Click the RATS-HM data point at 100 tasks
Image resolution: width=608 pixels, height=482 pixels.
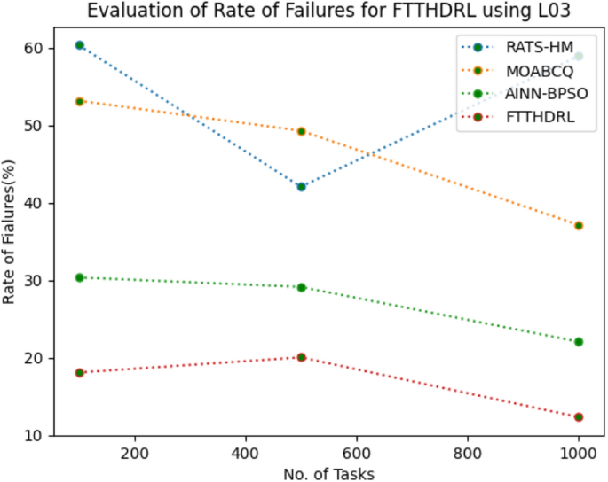[x=80, y=44]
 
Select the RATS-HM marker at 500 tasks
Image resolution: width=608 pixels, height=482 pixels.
[x=302, y=186]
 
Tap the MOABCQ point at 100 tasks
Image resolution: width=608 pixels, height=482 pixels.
[x=80, y=101]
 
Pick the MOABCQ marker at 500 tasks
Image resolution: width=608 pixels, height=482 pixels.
[x=302, y=131]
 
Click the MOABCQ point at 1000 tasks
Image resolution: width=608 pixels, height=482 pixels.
[x=579, y=225]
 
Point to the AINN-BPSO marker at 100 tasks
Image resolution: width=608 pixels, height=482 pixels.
[x=80, y=277]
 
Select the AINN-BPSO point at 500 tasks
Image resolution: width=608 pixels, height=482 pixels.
[x=302, y=287]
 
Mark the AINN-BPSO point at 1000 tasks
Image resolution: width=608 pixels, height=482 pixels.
[x=579, y=341]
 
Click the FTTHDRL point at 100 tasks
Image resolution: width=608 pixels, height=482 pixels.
[x=80, y=372]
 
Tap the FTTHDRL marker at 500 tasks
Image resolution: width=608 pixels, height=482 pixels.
[x=302, y=357]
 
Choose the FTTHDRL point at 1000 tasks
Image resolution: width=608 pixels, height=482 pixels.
[x=579, y=416]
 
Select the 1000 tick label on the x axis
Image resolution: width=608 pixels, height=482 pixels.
[x=579, y=451]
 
